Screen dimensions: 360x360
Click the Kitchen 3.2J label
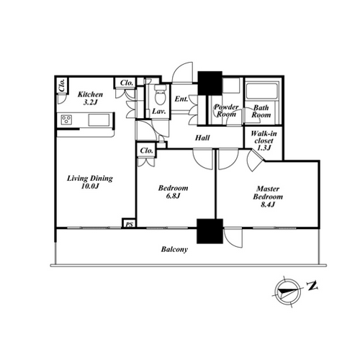pos(90,98)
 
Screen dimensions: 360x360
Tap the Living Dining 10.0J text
pos(90,182)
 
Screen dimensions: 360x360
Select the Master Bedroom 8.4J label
pos(268,197)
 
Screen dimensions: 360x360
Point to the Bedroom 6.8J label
pos(173,192)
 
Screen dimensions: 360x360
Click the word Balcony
pos(174,249)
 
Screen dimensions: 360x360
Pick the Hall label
pos(202,138)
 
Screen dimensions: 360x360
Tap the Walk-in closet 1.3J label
pos(264,140)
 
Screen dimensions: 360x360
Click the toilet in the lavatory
pos(160,95)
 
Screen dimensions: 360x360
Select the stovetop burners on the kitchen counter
pos(66,120)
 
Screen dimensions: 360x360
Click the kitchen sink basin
pos(99,120)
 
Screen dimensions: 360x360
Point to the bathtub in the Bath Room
pos(262,91)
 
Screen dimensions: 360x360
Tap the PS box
pos(130,223)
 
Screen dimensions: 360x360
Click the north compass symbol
pos(287,292)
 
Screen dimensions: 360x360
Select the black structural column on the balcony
pos(210,231)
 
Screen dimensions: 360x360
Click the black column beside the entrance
pos(210,83)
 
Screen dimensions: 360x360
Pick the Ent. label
pos(181,99)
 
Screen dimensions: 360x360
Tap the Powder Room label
pos(226,110)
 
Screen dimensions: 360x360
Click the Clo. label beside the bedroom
pos(146,150)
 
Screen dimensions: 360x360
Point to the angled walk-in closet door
pos(255,161)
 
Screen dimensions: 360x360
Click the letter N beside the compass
pos(312,286)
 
